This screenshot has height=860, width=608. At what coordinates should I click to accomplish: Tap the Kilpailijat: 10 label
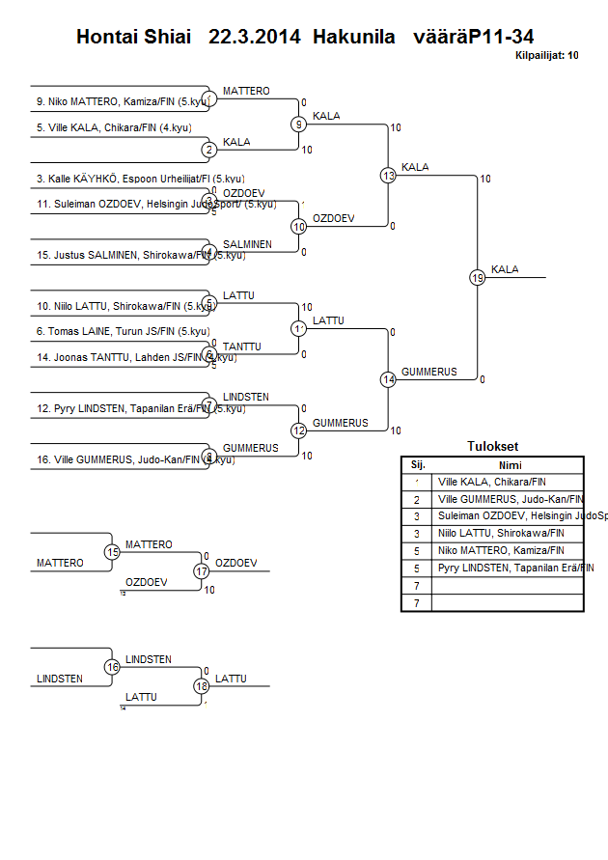click(x=547, y=56)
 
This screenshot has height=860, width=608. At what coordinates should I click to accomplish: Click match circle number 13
click(x=388, y=176)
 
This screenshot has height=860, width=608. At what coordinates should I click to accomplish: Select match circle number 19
click(x=478, y=278)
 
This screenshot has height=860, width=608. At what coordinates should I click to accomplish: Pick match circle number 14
click(x=388, y=380)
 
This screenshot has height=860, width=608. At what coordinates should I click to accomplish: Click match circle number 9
click(x=299, y=125)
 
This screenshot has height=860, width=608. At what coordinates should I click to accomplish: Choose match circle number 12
click(x=299, y=430)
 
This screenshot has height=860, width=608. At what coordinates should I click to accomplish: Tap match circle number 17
click(x=202, y=570)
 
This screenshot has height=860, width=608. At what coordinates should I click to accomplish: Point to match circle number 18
click(x=202, y=686)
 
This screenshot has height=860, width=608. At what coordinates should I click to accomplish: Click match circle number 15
click(x=113, y=552)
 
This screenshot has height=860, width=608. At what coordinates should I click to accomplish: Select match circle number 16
click(x=113, y=667)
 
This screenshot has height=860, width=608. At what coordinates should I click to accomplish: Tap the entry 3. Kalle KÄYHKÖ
click(x=125, y=179)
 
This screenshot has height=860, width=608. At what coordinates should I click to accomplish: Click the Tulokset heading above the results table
click(x=492, y=447)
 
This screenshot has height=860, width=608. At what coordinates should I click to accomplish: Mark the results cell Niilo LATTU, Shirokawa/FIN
click(x=501, y=533)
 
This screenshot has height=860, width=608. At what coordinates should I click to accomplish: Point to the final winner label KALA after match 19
click(x=505, y=269)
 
